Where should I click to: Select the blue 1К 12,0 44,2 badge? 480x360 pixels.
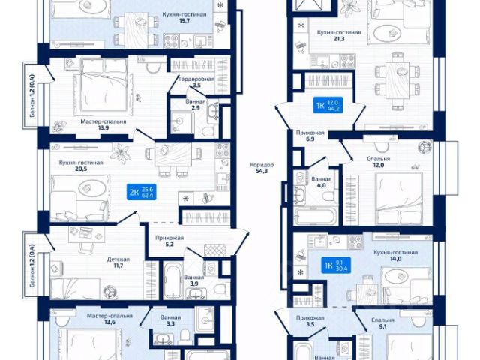point(327,106)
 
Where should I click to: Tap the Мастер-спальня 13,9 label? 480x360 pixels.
point(103,124)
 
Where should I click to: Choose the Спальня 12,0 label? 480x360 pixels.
point(379,163)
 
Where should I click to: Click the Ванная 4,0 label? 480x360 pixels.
point(322,183)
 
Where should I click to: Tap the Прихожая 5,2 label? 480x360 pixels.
point(169,240)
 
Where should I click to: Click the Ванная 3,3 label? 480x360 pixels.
point(170,320)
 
